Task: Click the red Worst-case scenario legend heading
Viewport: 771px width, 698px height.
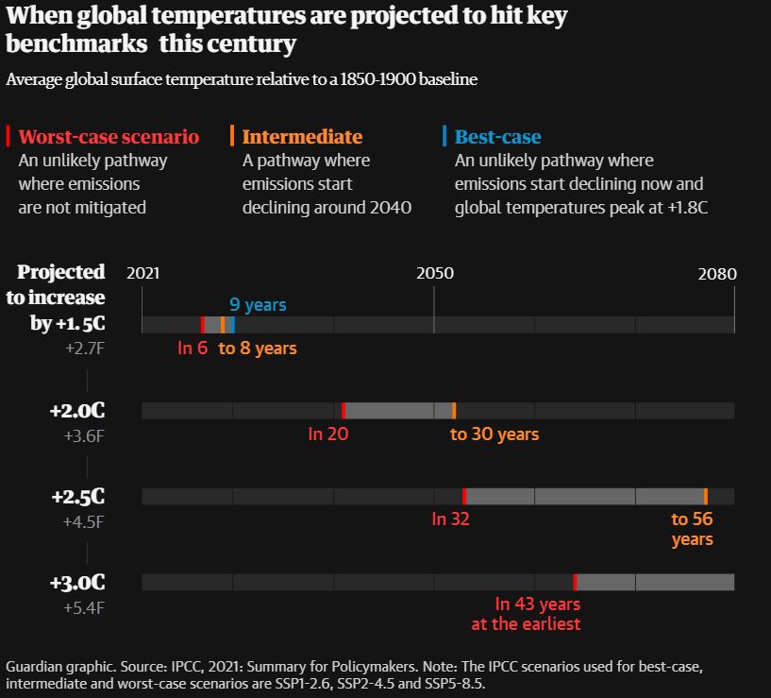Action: [109, 137]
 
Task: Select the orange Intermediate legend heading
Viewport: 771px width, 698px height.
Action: [302, 137]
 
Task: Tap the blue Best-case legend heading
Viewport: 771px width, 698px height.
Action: [498, 137]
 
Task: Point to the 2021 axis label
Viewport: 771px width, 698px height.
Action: [143, 274]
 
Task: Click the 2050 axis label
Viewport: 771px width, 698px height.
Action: [435, 274]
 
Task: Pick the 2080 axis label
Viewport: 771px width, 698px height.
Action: [717, 274]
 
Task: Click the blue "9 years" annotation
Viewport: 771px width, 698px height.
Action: [258, 305]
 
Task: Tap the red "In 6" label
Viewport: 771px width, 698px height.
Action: [193, 349]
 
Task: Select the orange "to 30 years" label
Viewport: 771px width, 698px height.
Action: [494, 434]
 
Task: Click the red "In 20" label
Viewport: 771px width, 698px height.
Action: [328, 434]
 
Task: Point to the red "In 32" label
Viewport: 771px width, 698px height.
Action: [450, 519]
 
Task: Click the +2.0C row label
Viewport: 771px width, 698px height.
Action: [77, 412]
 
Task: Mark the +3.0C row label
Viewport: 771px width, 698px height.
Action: [77, 583]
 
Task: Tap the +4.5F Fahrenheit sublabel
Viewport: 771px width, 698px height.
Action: [83, 521]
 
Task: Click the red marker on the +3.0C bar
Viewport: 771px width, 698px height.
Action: [576, 582]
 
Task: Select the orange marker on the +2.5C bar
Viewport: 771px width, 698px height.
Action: [706, 496]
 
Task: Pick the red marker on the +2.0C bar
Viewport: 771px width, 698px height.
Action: [344, 410]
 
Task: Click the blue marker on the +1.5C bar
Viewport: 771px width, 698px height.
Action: [232, 325]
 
